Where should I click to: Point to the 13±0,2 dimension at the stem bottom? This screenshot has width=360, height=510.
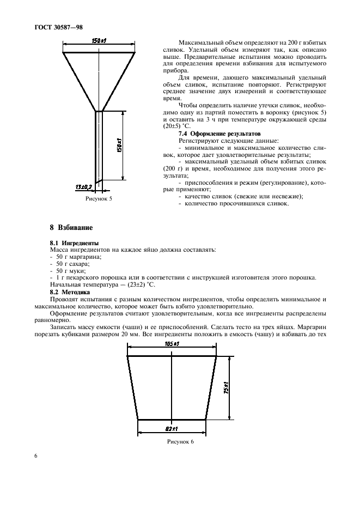point(84,187)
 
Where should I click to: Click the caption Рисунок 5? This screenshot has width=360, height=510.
point(99,199)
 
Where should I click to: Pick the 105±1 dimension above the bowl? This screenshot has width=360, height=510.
point(172,345)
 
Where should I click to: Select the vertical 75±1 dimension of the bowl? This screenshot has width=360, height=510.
point(225,388)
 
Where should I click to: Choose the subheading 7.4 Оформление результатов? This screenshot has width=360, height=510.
point(212,133)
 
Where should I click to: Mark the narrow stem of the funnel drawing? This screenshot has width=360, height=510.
point(99,147)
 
